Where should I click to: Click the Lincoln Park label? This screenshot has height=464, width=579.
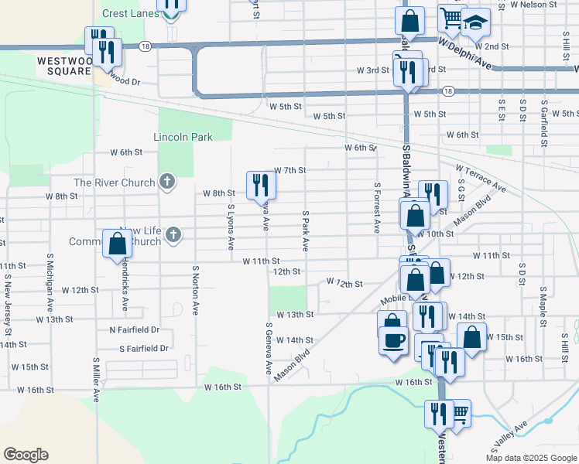click(183, 137)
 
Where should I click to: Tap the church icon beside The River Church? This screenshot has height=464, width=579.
click(166, 183)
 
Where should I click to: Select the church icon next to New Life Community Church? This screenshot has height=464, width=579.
click(173, 234)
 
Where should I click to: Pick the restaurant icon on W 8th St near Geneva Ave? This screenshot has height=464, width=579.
click(260, 184)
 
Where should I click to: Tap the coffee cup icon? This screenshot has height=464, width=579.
click(393, 339)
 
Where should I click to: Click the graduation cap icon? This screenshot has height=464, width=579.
click(476, 23)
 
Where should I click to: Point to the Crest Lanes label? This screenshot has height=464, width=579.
click(130, 14)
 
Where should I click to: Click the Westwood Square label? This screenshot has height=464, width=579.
click(63, 64)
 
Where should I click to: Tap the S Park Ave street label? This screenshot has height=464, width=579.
click(306, 230)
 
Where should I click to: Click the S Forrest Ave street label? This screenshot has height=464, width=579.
click(377, 208)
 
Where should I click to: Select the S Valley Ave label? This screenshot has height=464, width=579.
click(509, 437)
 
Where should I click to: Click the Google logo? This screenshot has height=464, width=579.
click(26, 455)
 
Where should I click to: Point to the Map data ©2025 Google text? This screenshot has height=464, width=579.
click(531, 458)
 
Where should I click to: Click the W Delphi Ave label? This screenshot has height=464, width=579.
click(465, 52)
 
